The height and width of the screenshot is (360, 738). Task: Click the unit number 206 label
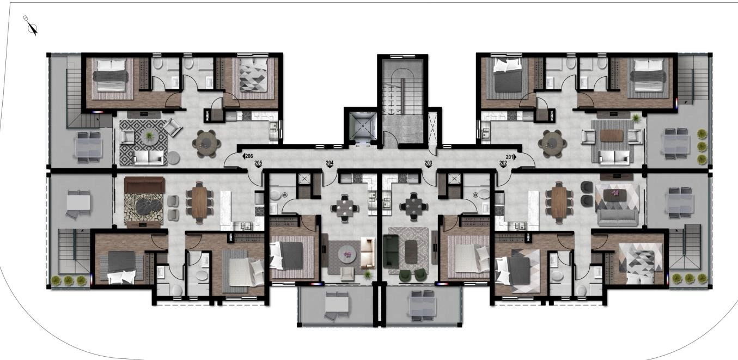pyautogui.click(x=249, y=156)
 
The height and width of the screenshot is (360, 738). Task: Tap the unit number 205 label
pyautogui.click(x=258, y=163)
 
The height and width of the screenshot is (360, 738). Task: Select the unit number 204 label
pyautogui.click(x=330, y=163)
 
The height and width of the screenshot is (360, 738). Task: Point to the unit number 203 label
pyautogui.click(x=428, y=163)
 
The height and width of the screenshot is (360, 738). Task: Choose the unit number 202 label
pyautogui.click(x=503, y=163)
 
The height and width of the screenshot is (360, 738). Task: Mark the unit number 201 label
pyautogui.click(x=510, y=157)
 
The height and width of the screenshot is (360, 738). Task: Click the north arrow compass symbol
pyautogui.click(x=31, y=25)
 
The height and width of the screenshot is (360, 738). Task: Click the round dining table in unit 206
pyautogui.click(x=206, y=143)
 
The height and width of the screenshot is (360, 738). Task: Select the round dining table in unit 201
pyautogui.click(x=552, y=143)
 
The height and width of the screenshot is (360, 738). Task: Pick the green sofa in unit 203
pyautogui.click(x=391, y=251)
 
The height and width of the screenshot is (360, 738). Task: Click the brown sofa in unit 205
pyautogui.click(x=144, y=185)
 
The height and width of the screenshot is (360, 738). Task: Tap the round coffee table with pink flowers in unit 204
pyautogui.click(x=346, y=254)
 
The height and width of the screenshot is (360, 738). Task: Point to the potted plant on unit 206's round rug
pyautogui.click(x=150, y=135)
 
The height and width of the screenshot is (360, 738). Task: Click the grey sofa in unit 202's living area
pyautogui.click(x=617, y=218)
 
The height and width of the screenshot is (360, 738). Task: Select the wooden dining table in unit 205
pyautogui.click(x=199, y=202)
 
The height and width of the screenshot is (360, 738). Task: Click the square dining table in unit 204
pyautogui.click(x=345, y=208)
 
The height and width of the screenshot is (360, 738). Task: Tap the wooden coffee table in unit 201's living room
pyautogui.click(x=612, y=136)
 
